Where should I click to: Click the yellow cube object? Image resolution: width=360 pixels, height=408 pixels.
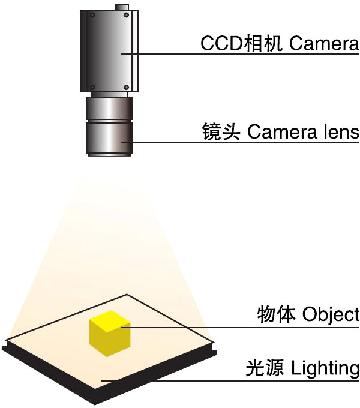coord(110,334)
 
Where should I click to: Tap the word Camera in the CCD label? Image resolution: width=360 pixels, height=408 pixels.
coord(324,43)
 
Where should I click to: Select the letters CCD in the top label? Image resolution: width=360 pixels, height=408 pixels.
coord(222,43)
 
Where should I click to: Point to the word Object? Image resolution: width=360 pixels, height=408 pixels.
coord(331,315)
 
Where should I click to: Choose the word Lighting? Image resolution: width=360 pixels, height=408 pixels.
coord(325,369)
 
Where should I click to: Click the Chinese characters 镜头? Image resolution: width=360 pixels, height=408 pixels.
coord(221,131)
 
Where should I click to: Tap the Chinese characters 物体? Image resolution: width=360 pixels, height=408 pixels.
coord(276,314)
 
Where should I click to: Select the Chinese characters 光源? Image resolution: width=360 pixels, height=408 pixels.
coord(265,368)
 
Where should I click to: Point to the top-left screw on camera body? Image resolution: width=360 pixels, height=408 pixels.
coord(92,16)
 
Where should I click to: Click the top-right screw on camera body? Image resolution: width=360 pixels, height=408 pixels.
coord(127,15)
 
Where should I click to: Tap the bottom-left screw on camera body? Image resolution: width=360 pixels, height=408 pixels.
coord(92,87)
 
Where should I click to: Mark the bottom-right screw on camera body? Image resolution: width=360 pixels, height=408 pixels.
coord(127,87)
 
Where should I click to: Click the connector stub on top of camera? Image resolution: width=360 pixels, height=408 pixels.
coord(122,7)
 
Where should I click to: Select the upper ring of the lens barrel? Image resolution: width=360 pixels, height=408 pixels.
coord(109,109)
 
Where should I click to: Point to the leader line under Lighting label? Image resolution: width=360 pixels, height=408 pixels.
coord(230,380)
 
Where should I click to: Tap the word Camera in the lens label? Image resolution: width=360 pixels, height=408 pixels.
coord(282,131)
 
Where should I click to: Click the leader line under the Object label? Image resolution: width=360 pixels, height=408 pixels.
coord(240,328)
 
